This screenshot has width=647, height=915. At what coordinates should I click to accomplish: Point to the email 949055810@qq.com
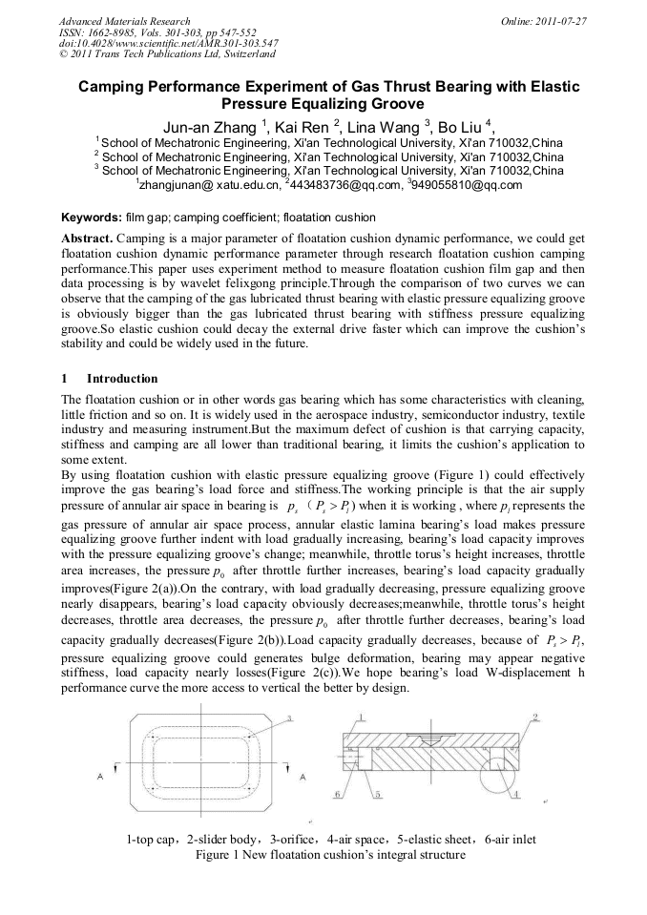468,185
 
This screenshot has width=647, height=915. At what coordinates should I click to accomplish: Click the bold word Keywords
91,218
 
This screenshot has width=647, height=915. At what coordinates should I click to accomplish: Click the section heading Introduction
116,379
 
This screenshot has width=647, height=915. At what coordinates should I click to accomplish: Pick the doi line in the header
168,43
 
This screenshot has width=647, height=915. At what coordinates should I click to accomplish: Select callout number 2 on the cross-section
535,716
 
